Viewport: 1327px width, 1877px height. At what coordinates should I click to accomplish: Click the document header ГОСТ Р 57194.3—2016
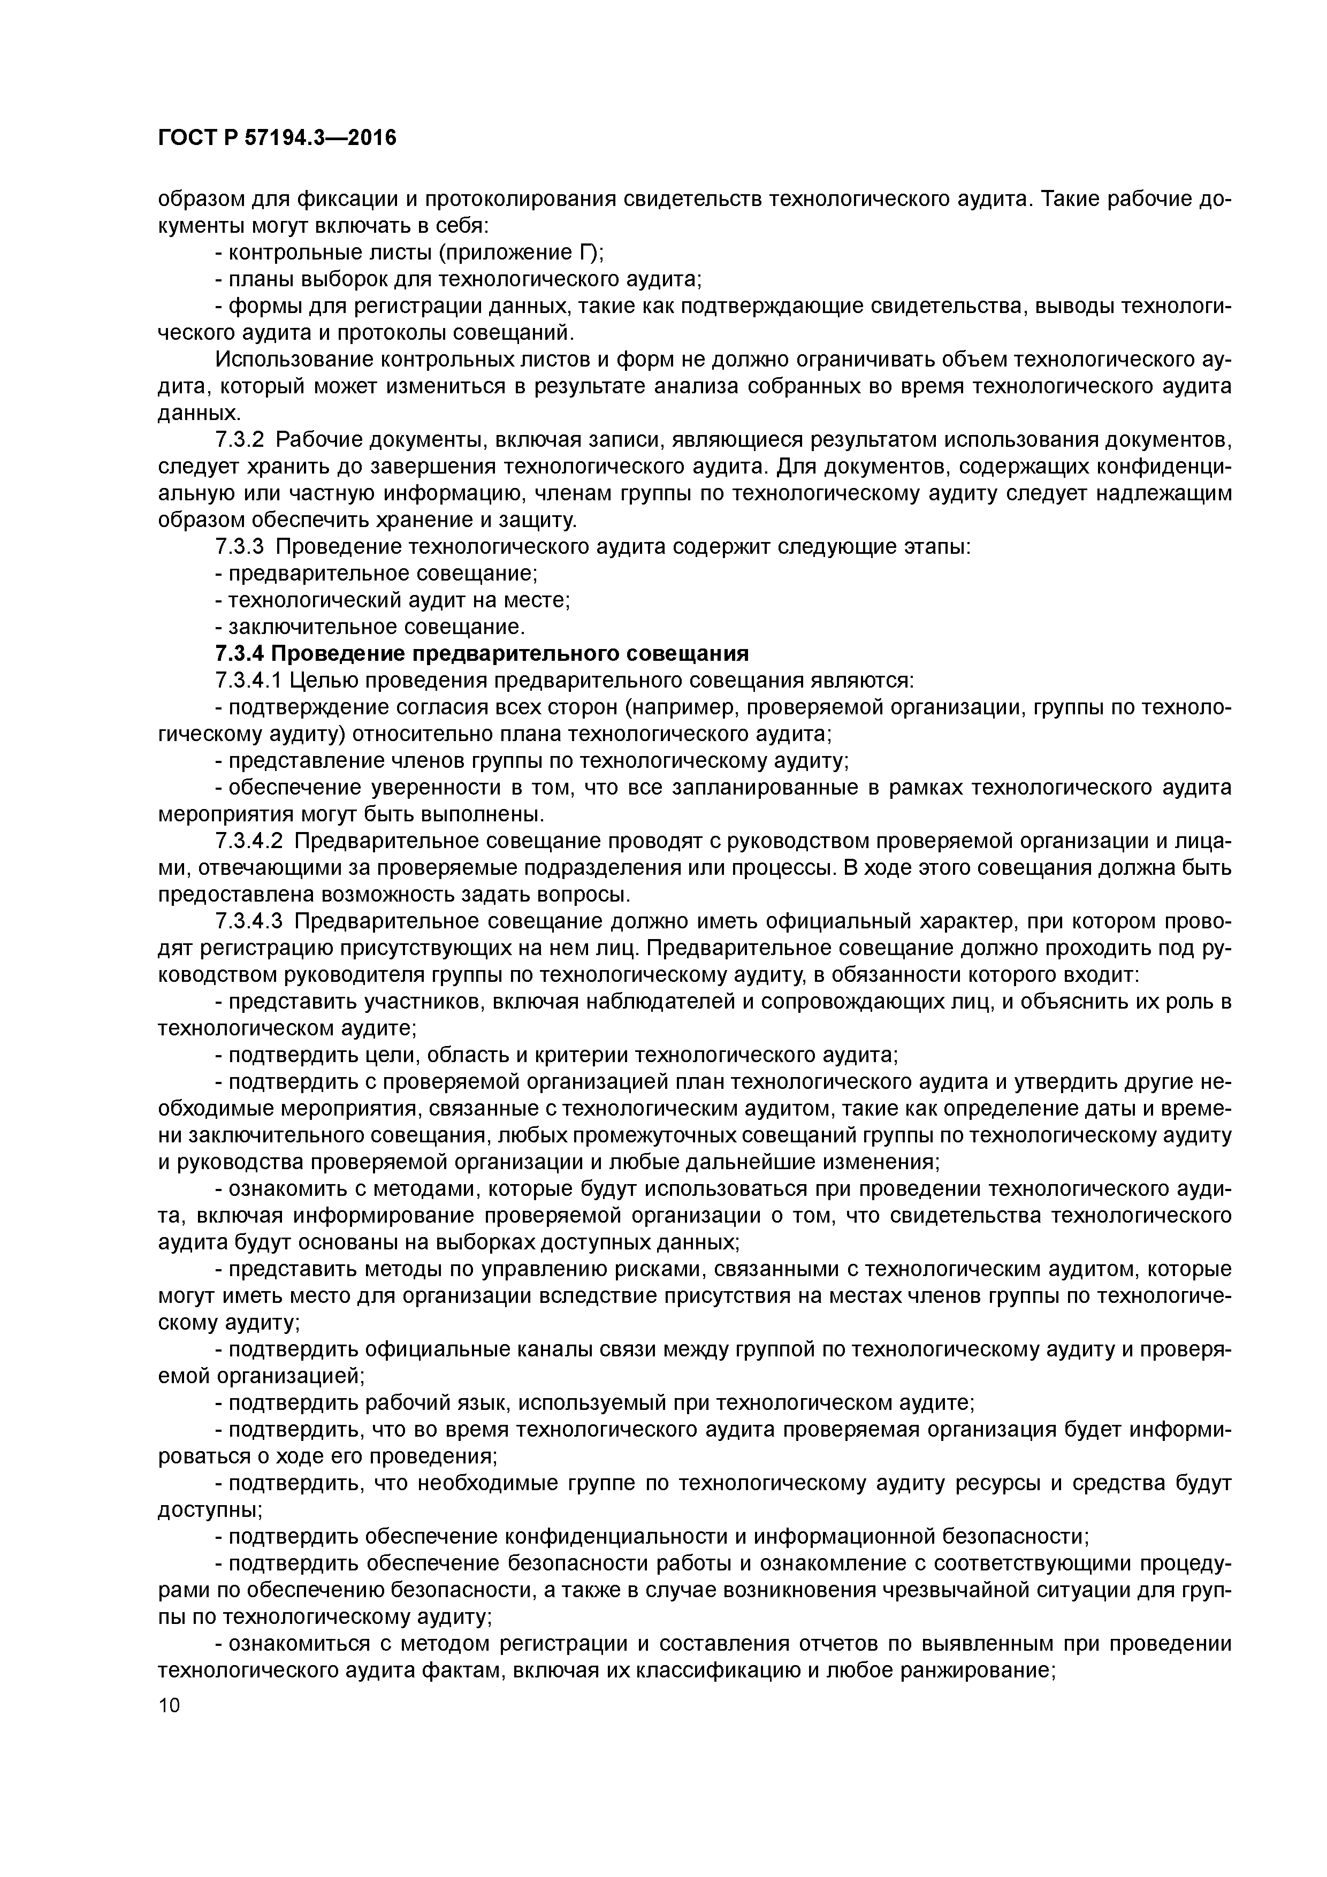pos(276,138)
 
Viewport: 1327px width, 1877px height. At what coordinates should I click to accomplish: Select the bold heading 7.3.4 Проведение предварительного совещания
pos(482,653)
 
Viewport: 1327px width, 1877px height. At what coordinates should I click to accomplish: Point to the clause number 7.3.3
pos(240,546)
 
